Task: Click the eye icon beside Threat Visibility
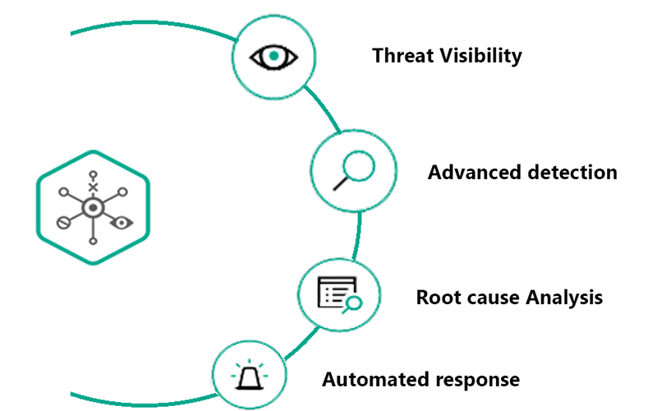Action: pos(273,57)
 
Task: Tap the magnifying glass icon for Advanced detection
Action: pos(354,171)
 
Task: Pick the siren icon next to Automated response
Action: pos(250,376)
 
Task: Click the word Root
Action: pos(436,297)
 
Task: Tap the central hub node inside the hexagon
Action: pos(94,209)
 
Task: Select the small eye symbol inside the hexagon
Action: pos(123,222)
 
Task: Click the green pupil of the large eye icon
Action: pos(273,57)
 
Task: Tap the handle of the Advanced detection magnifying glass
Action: pos(340,184)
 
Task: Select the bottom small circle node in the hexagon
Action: pos(94,240)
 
